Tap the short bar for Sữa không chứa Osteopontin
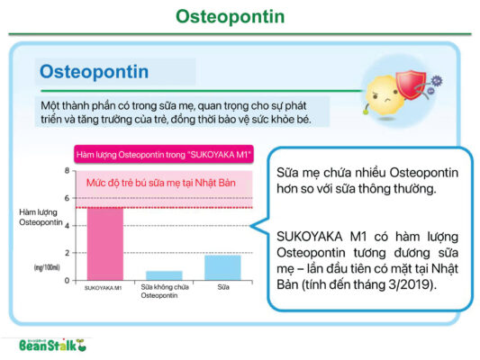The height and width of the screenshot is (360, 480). (164, 275)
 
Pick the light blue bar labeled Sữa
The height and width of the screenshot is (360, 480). (222, 267)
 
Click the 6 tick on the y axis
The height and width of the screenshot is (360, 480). (66, 198)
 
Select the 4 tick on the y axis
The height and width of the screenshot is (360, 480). (66, 226)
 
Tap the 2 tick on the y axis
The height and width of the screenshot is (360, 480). (66, 253)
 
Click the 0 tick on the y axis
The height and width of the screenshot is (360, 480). (66, 280)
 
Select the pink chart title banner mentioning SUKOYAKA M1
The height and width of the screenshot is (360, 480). (163, 153)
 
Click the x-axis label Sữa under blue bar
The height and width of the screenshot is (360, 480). (224, 289)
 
